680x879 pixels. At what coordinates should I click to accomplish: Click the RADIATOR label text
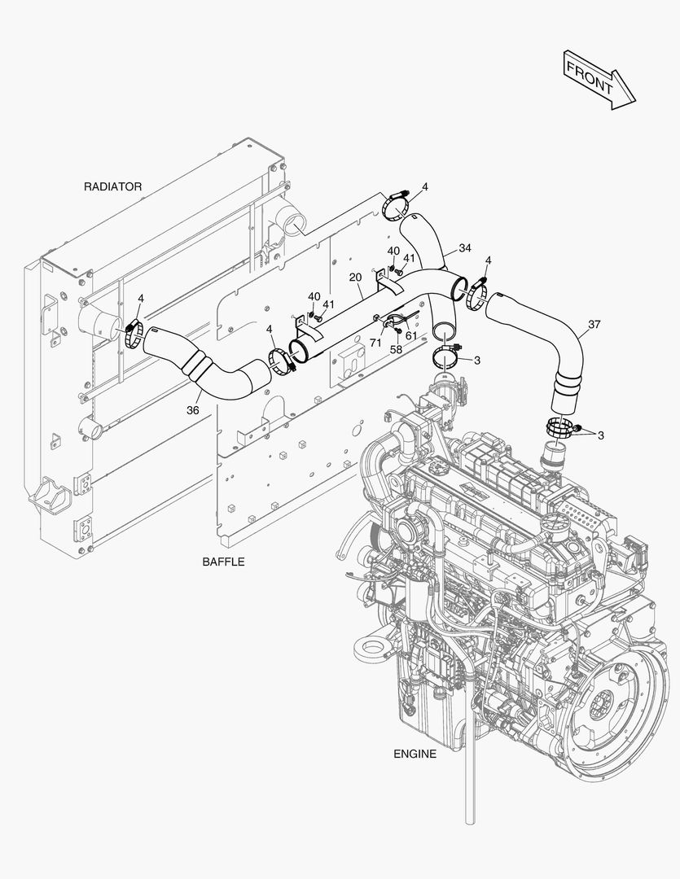[112, 186]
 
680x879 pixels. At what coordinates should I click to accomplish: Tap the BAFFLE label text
[223, 562]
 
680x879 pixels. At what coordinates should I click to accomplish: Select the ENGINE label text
[415, 754]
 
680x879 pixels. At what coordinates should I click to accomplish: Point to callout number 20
[355, 278]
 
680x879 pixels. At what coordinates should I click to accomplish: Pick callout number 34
[464, 247]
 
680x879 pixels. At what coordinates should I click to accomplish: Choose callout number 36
[192, 410]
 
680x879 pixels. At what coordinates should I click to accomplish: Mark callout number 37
[594, 325]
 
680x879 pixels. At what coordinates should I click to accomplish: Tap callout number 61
[411, 335]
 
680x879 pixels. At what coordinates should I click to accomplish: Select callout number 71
[375, 343]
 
